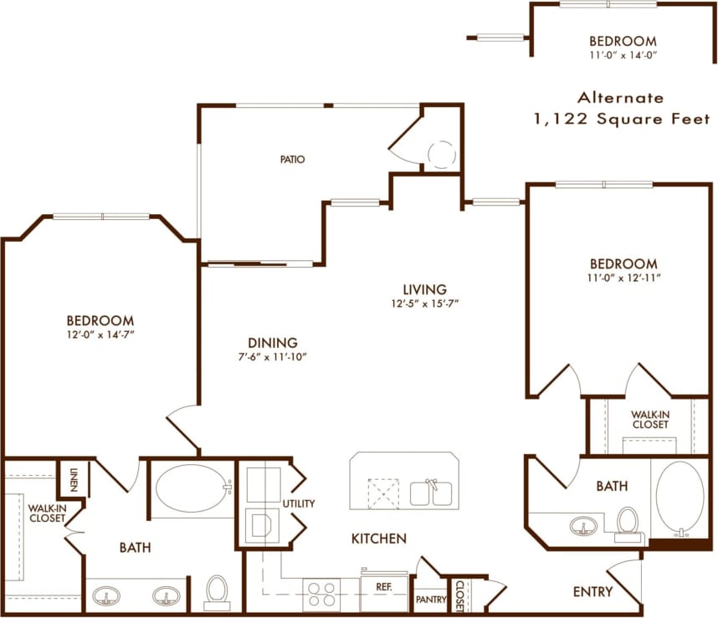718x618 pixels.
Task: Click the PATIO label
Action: tap(292, 159)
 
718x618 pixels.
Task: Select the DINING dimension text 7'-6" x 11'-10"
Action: tap(273, 357)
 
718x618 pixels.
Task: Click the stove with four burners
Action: tap(322, 594)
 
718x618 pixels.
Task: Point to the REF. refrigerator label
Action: tap(384, 587)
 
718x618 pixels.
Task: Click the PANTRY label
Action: tap(430, 600)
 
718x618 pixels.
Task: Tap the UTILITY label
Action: tap(299, 503)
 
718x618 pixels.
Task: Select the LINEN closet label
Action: tap(73, 478)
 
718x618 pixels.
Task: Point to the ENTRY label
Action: tap(592, 592)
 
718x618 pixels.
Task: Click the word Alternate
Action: tap(620, 97)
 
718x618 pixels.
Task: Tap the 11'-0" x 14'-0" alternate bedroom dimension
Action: tap(622, 56)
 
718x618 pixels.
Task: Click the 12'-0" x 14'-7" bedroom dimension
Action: tap(100, 335)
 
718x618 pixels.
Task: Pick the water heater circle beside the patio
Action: tap(441, 154)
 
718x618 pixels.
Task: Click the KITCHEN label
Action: tap(379, 539)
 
